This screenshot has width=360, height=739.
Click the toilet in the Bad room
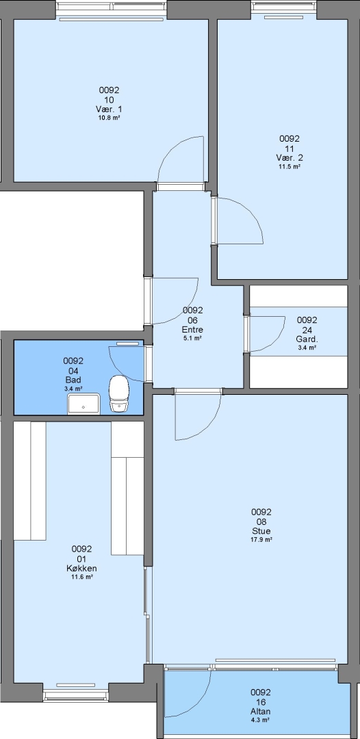click(x=118, y=394)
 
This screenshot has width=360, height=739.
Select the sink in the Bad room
click(x=84, y=404)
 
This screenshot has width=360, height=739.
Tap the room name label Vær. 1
click(x=109, y=109)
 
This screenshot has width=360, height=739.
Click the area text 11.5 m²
click(x=290, y=166)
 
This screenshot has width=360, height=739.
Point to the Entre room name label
click(x=192, y=329)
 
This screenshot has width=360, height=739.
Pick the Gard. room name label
click(x=307, y=339)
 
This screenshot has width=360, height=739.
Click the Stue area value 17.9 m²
click(x=261, y=540)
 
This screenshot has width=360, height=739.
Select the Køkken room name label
click(x=81, y=568)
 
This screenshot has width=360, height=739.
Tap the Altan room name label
click(x=261, y=712)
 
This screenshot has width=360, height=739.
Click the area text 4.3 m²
click(x=261, y=720)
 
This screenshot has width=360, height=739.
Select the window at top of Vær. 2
click(x=283, y=6)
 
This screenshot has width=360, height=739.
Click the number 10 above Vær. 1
click(x=109, y=100)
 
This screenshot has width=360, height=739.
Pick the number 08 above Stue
click(x=261, y=522)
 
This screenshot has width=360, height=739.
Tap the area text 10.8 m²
click(x=109, y=118)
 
